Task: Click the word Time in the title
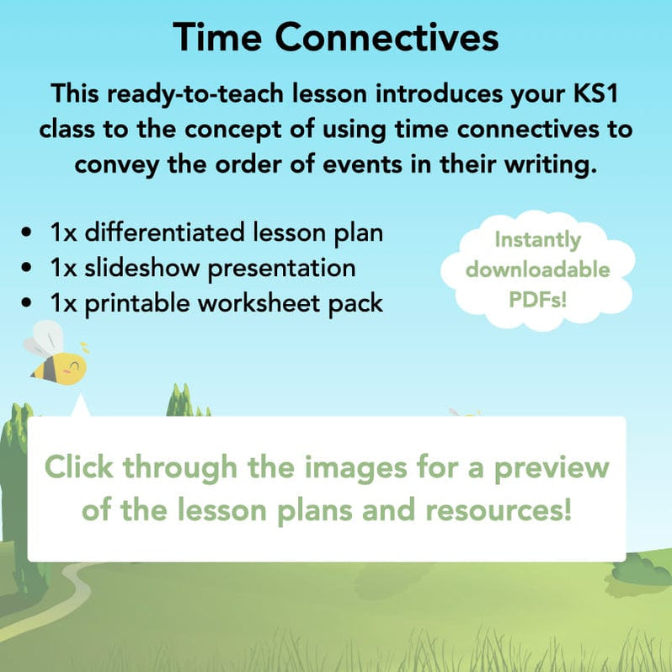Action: (219, 39)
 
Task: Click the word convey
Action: (118, 163)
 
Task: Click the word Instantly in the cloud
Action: (537, 240)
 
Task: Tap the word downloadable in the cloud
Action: (537, 269)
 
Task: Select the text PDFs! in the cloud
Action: (537, 299)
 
